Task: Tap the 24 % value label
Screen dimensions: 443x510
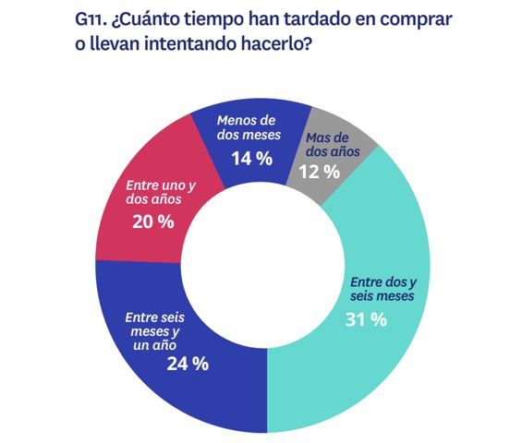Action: point(188,363)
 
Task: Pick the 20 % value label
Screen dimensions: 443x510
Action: point(152,221)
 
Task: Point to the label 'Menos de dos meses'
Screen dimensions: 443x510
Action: point(249,126)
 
